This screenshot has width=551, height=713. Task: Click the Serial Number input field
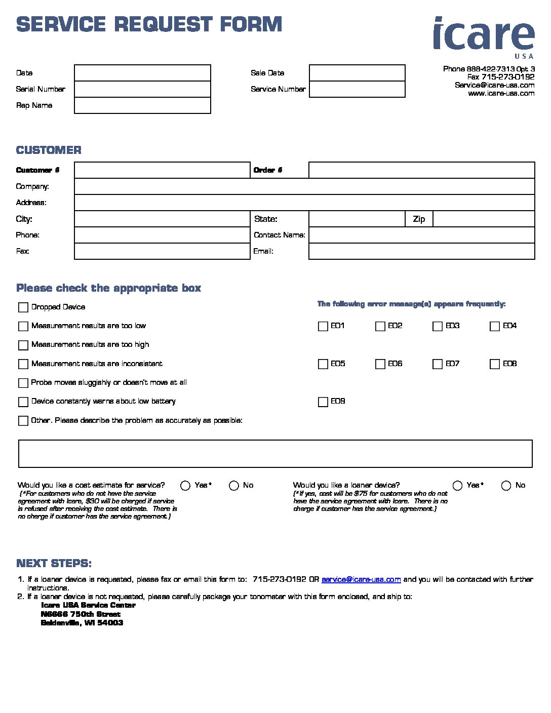tap(142, 89)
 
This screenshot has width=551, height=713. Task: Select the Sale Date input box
tap(357, 73)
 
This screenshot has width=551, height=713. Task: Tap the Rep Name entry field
tap(142, 105)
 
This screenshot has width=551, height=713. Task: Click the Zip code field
tap(484, 219)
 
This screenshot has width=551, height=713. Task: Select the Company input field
tap(304, 186)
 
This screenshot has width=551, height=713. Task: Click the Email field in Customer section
tap(421, 251)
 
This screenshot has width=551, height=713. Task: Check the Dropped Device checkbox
tap(23, 307)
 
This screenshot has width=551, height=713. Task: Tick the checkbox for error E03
tap(438, 326)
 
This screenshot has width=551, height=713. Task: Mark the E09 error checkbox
tap(323, 402)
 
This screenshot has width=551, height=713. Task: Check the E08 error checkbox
tap(495, 364)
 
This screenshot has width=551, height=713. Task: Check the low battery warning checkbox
tap(23, 402)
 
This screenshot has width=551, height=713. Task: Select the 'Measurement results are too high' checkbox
tap(23, 345)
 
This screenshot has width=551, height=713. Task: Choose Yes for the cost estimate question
tap(185, 486)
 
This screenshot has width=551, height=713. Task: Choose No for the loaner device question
tap(506, 486)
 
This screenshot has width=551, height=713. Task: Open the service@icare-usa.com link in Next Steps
tap(361, 579)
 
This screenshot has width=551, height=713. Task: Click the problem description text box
tap(275, 453)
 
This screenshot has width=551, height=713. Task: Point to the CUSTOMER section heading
tap(49, 150)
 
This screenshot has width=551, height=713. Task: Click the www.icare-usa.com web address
tap(501, 93)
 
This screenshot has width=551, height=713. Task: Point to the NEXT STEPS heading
tap(54, 563)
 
